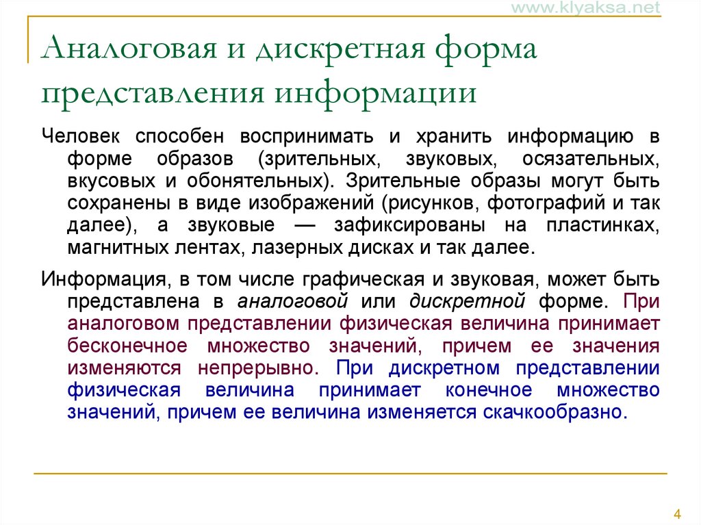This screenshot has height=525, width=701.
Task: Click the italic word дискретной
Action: point(468,301)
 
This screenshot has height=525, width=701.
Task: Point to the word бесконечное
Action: point(131,345)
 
